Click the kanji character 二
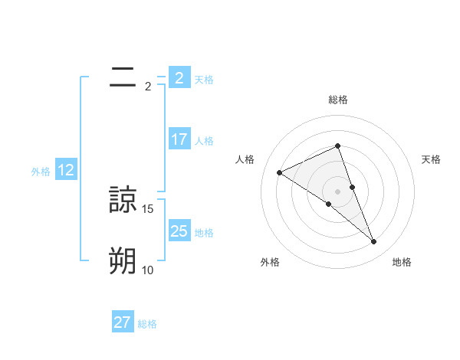point(123,77)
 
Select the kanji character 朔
point(123,260)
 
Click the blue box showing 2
point(179,77)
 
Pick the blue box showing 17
point(179,139)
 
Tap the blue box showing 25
point(179,231)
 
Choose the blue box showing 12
point(65,170)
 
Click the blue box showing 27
point(122,322)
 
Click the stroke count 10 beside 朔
point(148,270)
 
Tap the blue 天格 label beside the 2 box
point(204,79)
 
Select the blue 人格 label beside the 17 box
point(204,141)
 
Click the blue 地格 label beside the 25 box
point(204,232)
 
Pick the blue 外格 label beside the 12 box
point(41,172)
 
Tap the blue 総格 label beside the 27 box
point(147,324)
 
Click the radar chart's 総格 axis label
point(337,100)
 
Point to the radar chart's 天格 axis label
point(432,159)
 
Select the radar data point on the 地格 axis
point(374,242)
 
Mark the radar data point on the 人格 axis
point(279,172)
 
